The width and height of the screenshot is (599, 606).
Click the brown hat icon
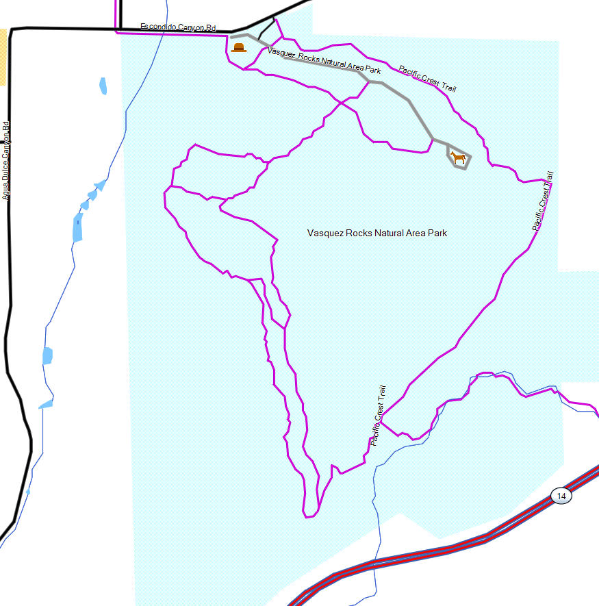click(239, 47)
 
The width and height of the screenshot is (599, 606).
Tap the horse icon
click(458, 159)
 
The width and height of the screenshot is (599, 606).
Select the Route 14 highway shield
click(561, 496)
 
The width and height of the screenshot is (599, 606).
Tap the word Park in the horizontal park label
click(437, 233)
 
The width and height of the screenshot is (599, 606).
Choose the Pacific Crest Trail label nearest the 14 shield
click(378, 416)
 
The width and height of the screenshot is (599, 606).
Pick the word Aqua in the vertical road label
click(6, 186)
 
